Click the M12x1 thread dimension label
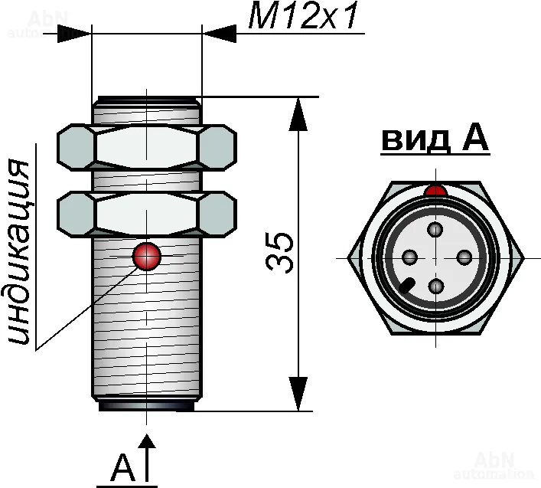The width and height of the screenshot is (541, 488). tap(304, 16)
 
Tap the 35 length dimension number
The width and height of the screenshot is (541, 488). tap(281, 252)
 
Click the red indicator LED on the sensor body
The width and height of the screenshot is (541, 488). tap(146, 257)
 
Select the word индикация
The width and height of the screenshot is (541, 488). tap(23, 253)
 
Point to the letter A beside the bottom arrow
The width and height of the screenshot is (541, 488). tap(122, 467)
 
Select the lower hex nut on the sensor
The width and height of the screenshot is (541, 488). tap(146, 213)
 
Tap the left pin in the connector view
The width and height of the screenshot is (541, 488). tap(409, 257)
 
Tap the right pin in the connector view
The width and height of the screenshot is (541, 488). tap(463, 257)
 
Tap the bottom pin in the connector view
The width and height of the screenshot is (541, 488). tap(436, 286)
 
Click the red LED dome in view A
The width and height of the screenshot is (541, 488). tap(435, 190)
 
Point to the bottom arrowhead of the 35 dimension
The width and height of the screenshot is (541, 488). tap(298, 395)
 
